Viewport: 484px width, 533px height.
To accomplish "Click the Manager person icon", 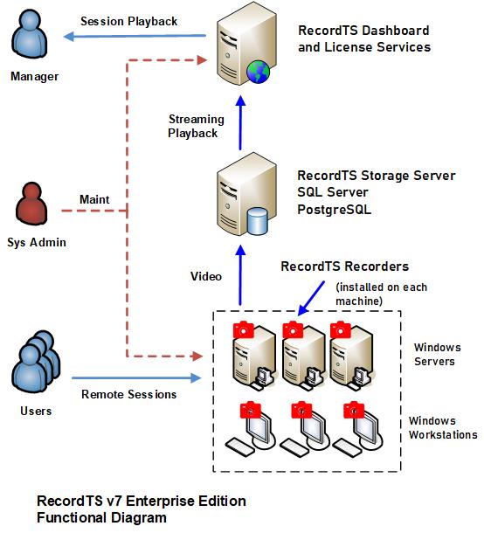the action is point(29,34).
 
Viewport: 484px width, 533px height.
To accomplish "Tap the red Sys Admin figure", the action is point(31,204).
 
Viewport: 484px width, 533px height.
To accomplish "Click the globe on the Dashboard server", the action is point(258,72).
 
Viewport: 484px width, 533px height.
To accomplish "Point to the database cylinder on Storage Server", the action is point(258,221).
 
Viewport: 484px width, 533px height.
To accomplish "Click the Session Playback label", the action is point(128,22).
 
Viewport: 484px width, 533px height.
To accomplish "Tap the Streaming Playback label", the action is point(196,126).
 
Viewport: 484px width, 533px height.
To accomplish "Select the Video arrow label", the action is point(206,276).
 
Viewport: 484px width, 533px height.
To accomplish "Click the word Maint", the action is point(94,199).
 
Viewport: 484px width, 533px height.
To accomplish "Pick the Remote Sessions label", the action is point(128,394).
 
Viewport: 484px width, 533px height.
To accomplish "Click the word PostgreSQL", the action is point(334,210).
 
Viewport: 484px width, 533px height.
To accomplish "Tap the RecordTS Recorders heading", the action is point(344,266).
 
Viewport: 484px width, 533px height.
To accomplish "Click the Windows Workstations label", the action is point(443,427).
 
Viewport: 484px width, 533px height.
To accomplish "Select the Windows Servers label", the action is point(438,354).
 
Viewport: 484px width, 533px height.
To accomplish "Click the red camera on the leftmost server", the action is point(244,329).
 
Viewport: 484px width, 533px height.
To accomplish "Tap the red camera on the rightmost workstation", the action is point(354,410).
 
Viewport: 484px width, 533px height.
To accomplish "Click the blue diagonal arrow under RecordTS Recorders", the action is point(311,298).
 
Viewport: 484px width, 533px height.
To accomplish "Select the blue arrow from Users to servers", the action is point(136,377).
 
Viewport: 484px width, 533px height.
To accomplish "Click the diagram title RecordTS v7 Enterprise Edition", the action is point(142,501).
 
